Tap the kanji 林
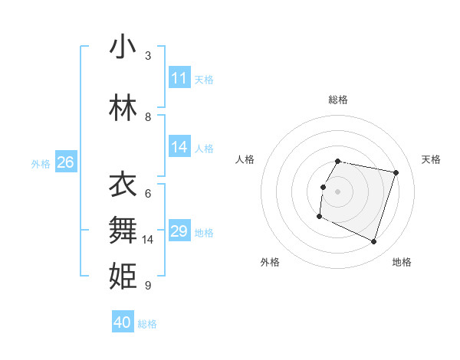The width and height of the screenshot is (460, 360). tap(123, 108)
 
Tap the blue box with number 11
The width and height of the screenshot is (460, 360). tap(179, 78)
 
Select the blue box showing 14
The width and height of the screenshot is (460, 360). tap(179, 147)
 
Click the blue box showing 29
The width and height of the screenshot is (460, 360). tap(179, 231)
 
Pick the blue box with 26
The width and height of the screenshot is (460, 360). tap(65, 162)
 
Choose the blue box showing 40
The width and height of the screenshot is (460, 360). tap(123, 322)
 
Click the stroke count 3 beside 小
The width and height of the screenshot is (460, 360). tap(148, 55)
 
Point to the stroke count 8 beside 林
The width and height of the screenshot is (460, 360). tap(148, 116)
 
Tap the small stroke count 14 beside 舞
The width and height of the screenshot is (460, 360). tap(148, 240)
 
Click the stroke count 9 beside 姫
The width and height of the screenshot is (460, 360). tap(148, 286)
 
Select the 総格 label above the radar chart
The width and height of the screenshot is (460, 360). tap(338, 100)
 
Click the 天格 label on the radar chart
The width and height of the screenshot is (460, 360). tap(431, 159)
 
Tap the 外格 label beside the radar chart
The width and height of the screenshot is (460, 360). tap(270, 262)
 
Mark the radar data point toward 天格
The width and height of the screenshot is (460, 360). tap(396, 173)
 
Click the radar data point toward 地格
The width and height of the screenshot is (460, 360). tap(374, 242)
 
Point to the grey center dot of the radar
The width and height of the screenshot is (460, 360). tap(338, 191)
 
